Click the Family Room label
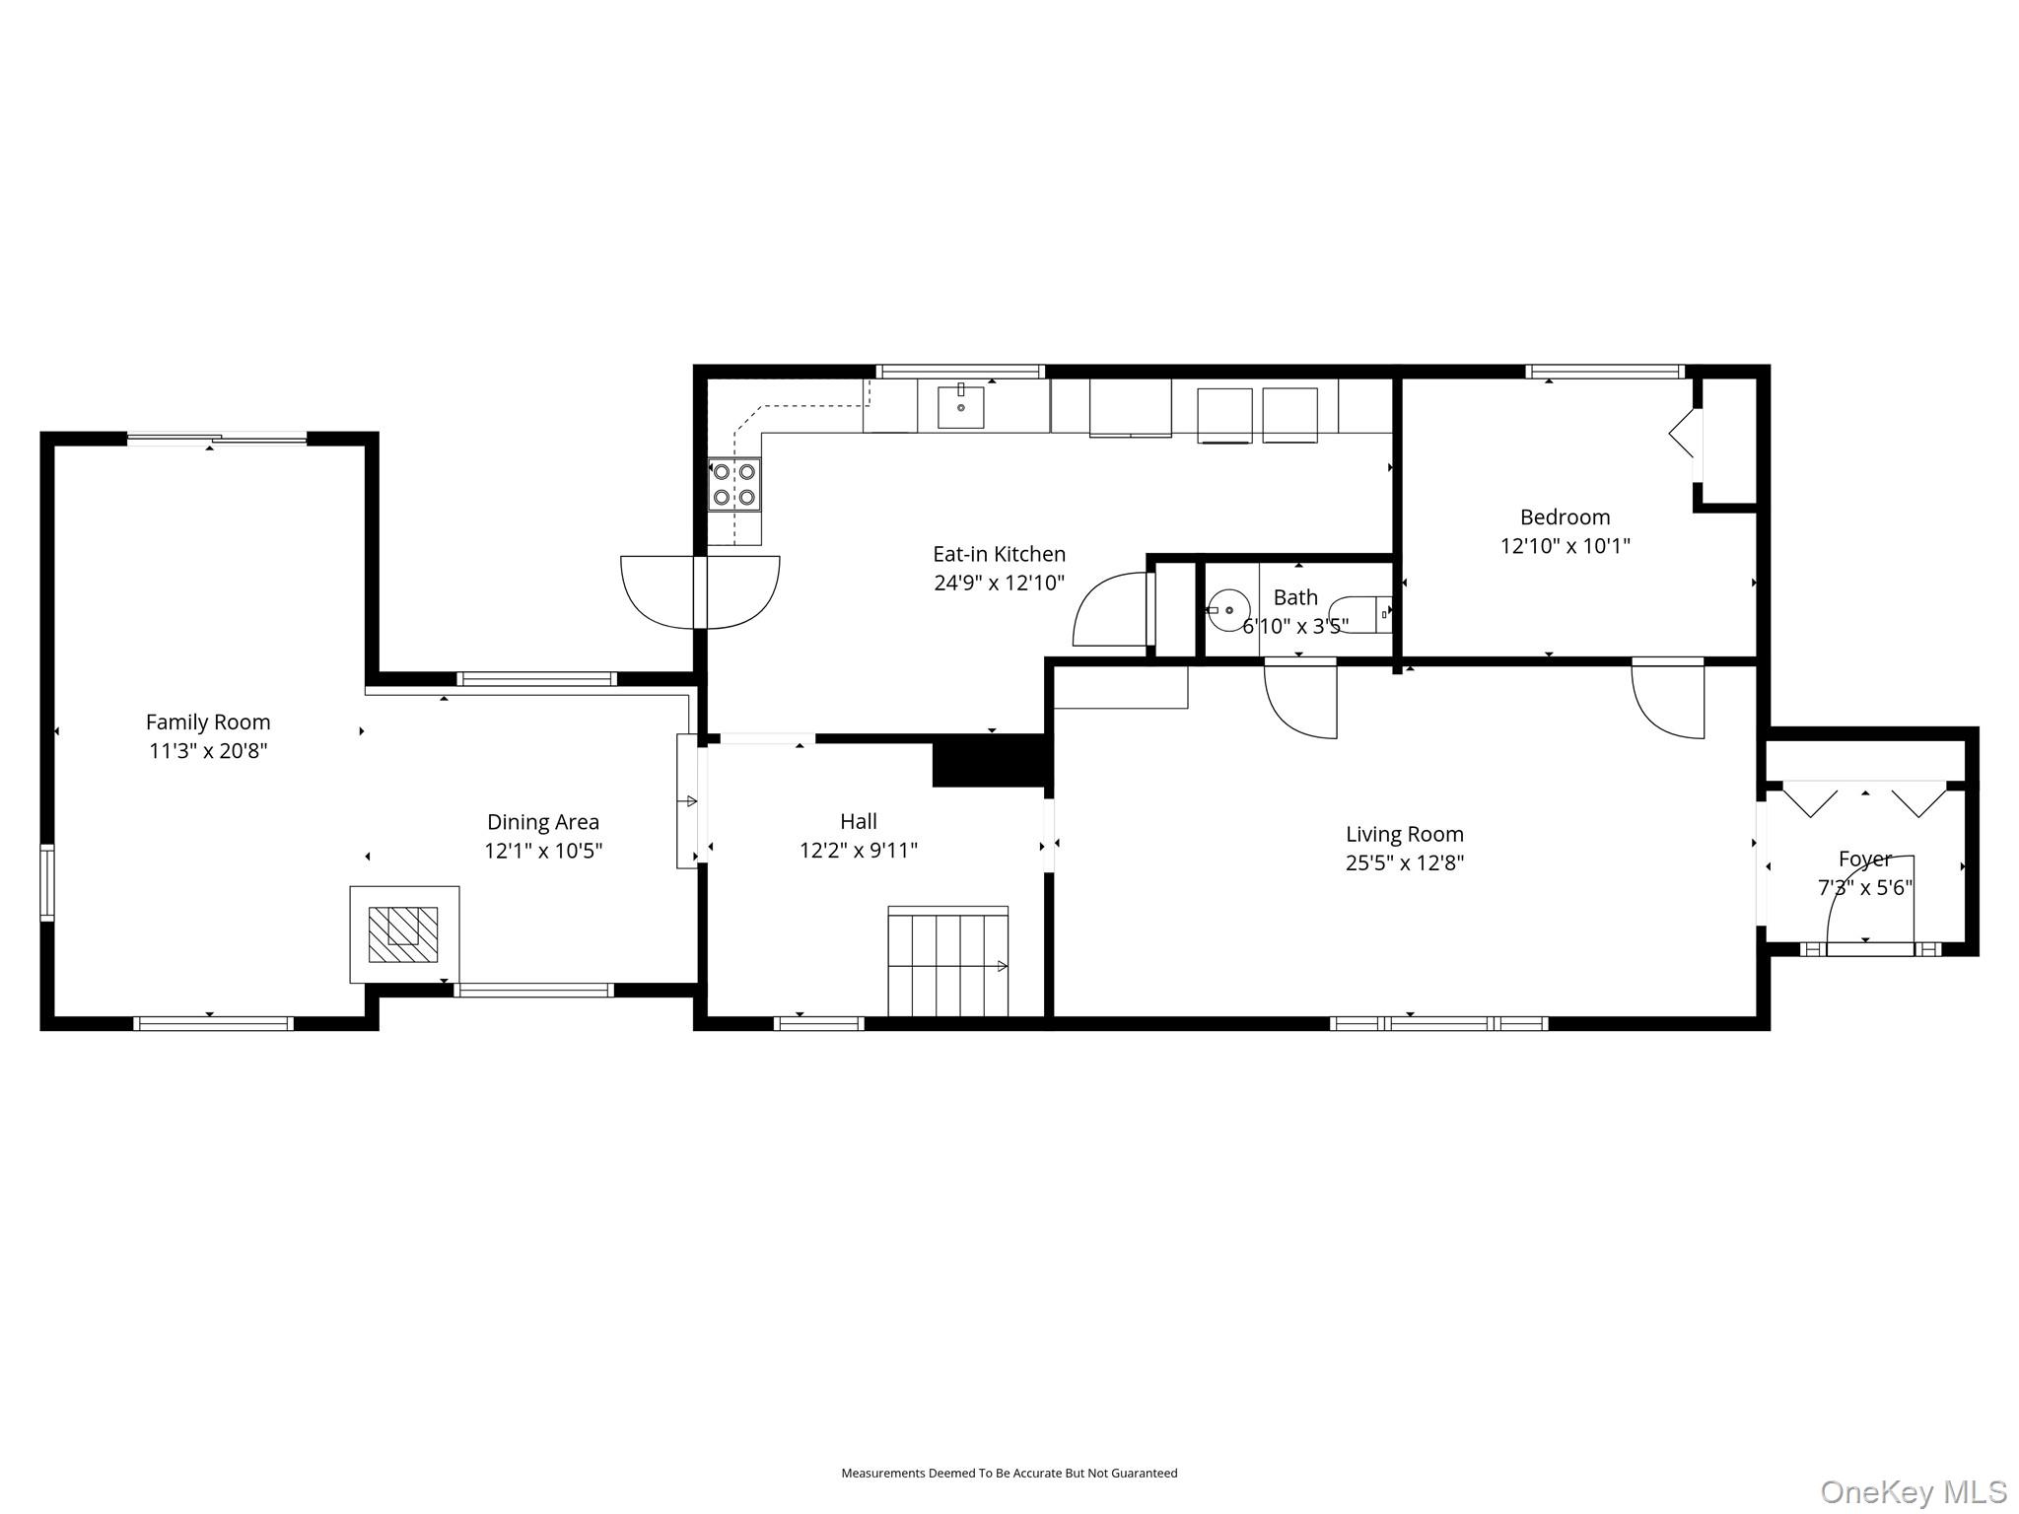click(208, 722)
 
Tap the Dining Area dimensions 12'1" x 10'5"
click(543, 851)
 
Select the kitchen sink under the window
click(960, 407)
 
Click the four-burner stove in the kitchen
click(734, 484)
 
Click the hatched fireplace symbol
click(403, 934)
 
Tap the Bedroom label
click(1565, 516)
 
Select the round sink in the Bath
click(1228, 610)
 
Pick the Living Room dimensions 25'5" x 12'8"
click(1404, 863)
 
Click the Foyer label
click(1864, 859)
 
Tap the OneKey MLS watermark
click(1913, 1491)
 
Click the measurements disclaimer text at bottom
click(1009, 1474)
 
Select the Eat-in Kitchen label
click(999, 554)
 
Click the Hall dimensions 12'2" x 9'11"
click(858, 851)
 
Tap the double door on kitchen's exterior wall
click(700, 591)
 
